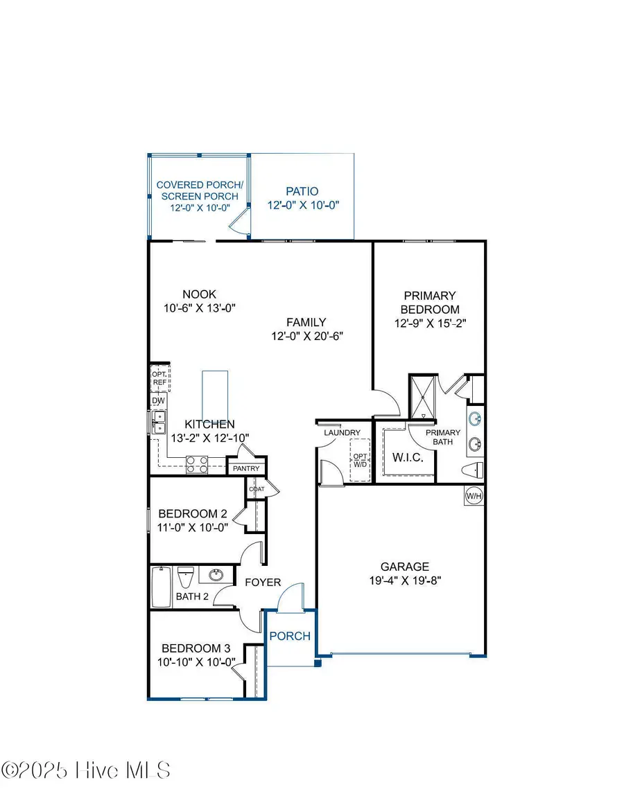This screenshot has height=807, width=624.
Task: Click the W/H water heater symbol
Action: point(474,495)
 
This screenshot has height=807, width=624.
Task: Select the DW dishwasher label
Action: point(158,400)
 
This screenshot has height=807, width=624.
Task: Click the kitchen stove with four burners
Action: point(197,464)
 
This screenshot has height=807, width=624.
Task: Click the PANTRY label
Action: point(246,469)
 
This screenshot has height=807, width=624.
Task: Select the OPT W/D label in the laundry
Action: point(361,461)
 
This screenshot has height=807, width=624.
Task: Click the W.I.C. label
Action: point(403,458)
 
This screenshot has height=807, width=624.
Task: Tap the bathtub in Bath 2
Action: point(162,587)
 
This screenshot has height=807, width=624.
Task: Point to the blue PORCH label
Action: point(290,636)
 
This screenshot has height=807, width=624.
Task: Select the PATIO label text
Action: point(302,191)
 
